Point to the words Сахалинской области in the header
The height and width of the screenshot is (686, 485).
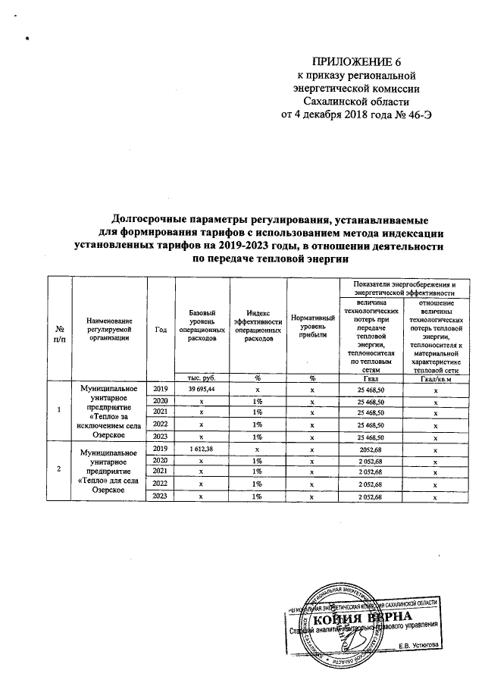[x=355, y=101]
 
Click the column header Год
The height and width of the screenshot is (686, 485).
[x=161, y=328]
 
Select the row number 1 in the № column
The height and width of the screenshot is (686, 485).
[x=59, y=411]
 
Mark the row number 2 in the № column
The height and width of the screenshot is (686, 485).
[x=59, y=471]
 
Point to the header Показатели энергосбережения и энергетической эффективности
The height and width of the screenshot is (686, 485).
[x=403, y=287]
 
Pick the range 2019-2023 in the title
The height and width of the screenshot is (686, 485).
[x=226, y=246]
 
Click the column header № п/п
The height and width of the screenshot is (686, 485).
[x=59, y=331]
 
